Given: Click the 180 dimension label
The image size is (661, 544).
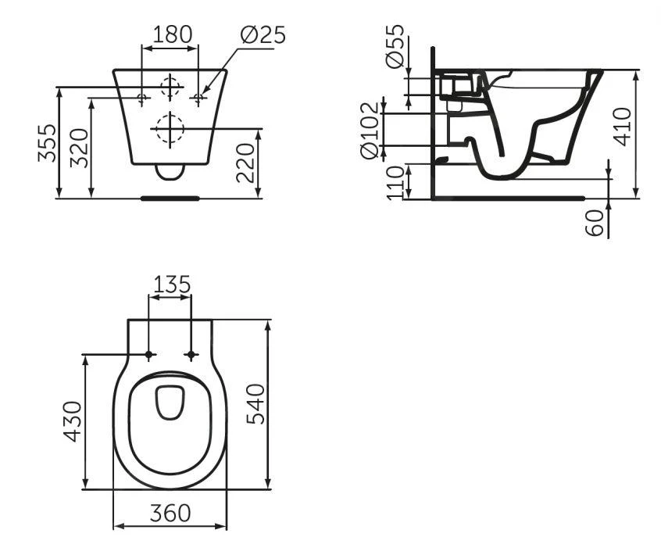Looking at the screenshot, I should (170, 34).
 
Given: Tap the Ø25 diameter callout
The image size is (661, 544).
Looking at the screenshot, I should (263, 34).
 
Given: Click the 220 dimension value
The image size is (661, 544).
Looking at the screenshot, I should (247, 163).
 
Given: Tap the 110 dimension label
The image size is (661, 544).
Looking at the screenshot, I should (396, 182).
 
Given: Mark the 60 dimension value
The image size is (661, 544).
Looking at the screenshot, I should (596, 221).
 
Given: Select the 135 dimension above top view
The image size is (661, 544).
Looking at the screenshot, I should (170, 284).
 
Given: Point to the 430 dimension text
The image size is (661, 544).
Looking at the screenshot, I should (72, 421).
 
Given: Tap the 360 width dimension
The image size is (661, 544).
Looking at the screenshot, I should (170, 514).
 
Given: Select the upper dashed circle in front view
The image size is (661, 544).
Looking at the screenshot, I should (170, 86).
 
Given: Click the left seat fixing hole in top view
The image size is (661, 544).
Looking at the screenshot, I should (148, 356).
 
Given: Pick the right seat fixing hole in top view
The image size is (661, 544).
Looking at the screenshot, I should (191, 356).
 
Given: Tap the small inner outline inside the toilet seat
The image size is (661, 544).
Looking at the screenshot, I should (170, 403).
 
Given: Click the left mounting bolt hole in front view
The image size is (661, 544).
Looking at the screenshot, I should (142, 98).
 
